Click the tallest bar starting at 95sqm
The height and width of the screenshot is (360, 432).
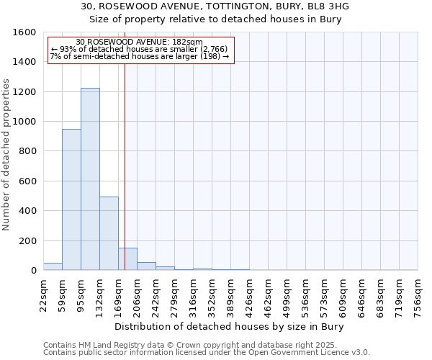pos(90,179)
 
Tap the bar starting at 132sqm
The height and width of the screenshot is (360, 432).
pos(109,233)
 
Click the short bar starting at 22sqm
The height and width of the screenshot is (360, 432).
pos(53,266)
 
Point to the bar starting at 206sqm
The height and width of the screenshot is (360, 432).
pos(146,266)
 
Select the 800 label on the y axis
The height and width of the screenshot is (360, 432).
pos(27,151)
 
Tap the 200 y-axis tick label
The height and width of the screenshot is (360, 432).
pos(27,240)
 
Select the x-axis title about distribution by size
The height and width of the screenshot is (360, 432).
pos(230,327)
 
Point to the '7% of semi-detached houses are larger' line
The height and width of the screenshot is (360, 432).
pos(140,56)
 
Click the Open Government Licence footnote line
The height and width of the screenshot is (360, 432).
pos(207,353)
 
